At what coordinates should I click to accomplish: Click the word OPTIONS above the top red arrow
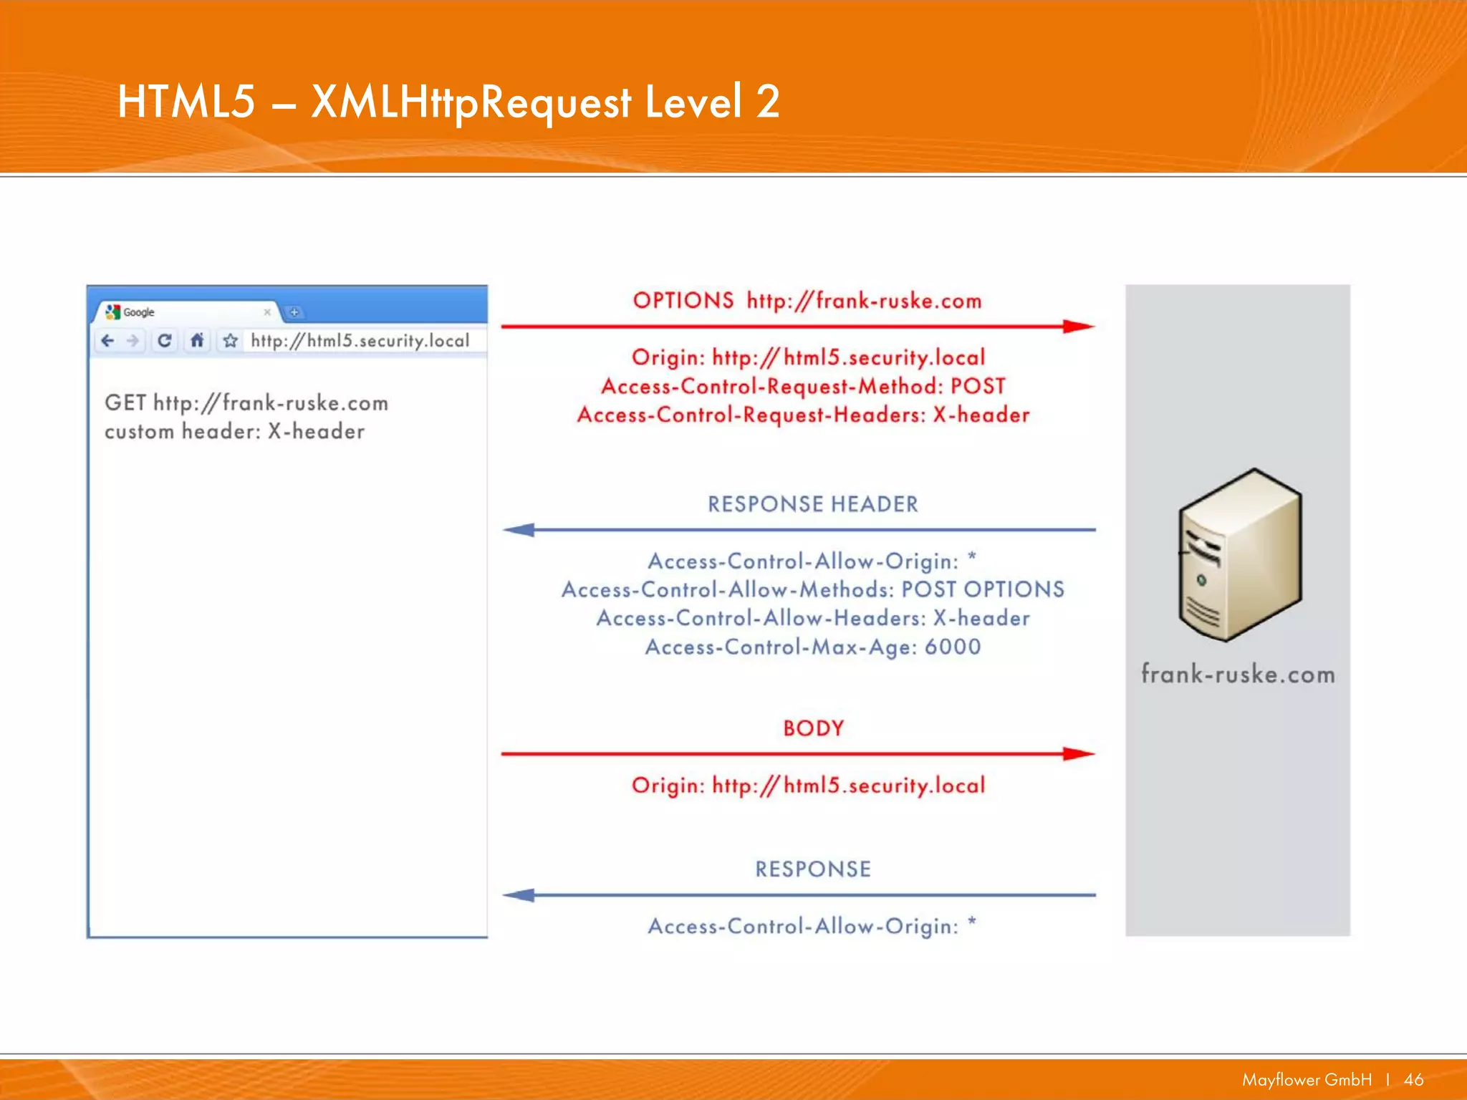click(683, 300)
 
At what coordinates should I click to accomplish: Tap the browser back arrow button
click(108, 341)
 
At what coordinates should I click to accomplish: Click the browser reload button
click(164, 341)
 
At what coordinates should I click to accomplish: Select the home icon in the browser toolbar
click(197, 341)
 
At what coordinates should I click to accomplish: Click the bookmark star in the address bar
click(230, 341)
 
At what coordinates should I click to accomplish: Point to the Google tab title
click(139, 312)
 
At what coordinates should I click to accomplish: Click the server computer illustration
click(1239, 555)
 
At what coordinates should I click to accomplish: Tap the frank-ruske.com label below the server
click(1238, 674)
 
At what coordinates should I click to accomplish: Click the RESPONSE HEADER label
click(812, 504)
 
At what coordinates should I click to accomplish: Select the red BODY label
click(813, 728)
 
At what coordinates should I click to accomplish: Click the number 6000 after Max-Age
click(952, 647)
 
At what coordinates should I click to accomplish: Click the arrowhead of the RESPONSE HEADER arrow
click(519, 530)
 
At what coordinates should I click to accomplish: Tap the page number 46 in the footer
click(1413, 1079)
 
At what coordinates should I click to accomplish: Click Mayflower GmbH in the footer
click(1307, 1079)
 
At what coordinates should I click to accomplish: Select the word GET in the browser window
click(125, 402)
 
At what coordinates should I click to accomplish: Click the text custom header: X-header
click(234, 431)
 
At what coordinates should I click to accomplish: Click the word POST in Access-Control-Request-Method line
click(977, 386)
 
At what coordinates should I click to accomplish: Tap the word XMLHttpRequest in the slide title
click(471, 102)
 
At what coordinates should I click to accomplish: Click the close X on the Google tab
click(267, 312)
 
